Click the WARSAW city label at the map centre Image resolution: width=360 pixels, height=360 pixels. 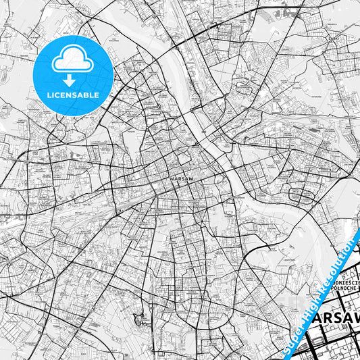pos(174,179)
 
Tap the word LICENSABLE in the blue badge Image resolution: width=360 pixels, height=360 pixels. pos(73,95)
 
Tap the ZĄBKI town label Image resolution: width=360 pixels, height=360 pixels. pos(332,38)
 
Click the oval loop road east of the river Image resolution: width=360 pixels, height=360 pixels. pos(301,195)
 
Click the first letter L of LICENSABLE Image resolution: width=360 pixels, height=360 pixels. pos(48,95)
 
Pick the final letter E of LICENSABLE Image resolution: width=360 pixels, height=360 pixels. pos(97,95)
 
